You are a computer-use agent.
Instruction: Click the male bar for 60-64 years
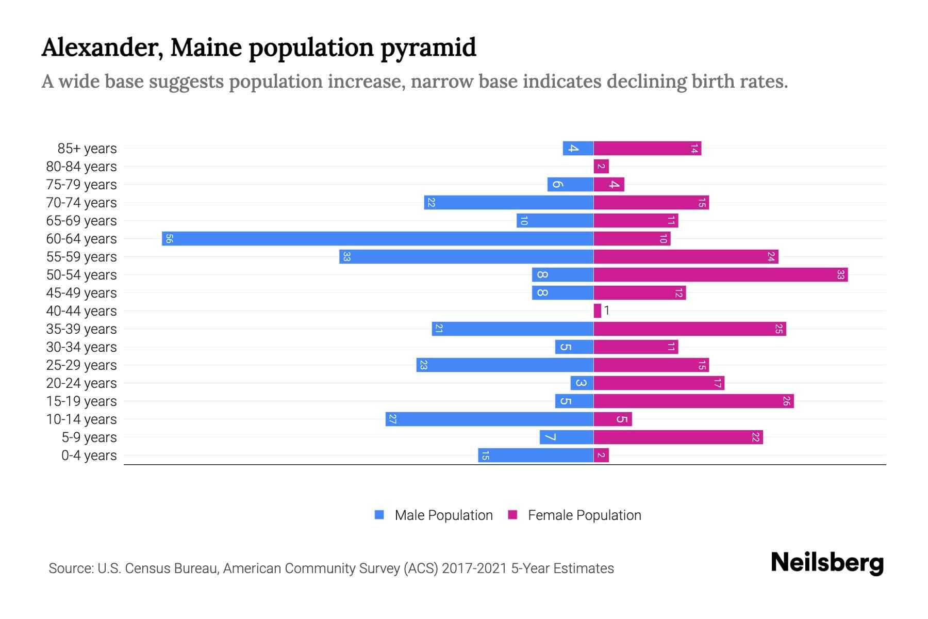[x=377, y=238]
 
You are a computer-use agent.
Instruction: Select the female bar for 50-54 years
[x=720, y=274]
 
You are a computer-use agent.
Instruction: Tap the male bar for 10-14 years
[x=489, y=419]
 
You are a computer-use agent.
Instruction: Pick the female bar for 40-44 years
[x=597, y=311]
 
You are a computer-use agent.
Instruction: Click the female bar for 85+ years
[x=647, y=149]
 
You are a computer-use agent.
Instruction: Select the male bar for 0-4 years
[x=536, y=455]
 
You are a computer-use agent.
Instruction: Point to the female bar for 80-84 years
[x=601, y=166]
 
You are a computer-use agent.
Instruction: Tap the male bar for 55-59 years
[x=466, y=256]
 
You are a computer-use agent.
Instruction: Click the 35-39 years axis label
[x=81, y=329]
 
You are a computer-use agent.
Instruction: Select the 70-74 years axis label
[x=81, y=202]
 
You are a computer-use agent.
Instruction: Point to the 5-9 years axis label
[x=89, y=437]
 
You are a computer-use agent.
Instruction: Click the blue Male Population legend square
[x=379, y=515]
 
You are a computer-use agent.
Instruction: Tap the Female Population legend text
[x=584, y=515]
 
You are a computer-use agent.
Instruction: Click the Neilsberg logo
[x=827, y=562]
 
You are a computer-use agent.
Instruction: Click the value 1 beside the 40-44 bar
[x=607, y=311]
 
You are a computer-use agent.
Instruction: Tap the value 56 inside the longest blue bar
[x=169, y=238]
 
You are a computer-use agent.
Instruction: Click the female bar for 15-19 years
[x=693, y=401]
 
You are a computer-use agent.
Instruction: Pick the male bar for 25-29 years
[x=505, y=365]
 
